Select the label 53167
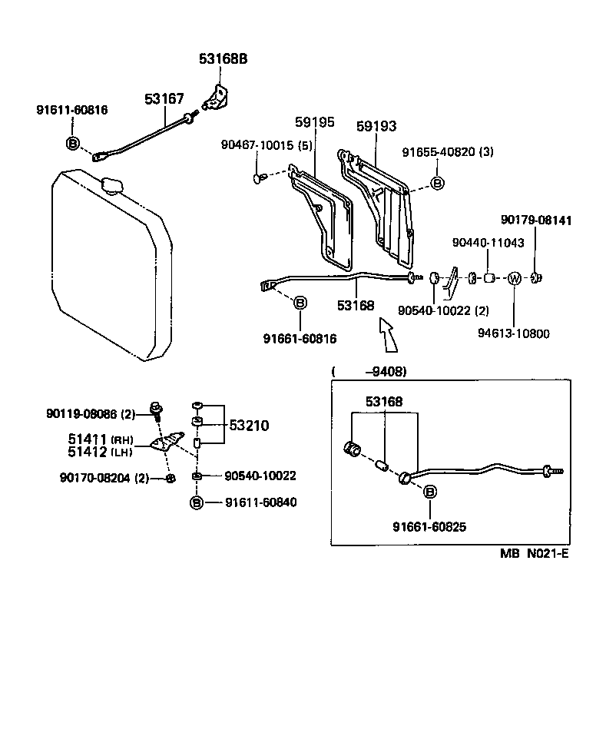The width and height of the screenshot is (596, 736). [164, 98]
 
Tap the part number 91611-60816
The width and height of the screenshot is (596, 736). [72, 110]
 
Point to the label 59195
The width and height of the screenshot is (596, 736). [315, 122]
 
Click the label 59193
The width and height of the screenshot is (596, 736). [377, 126]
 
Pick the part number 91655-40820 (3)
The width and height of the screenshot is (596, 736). [448, 152]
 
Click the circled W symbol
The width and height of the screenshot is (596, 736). [515, 278]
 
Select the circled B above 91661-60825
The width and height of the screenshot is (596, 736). [429, 492]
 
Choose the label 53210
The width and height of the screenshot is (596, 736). [247, 425]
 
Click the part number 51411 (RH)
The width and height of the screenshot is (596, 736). [101, 439]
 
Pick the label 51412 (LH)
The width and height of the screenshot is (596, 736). [101, 452]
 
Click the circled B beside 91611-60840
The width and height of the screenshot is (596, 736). [197, 502]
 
